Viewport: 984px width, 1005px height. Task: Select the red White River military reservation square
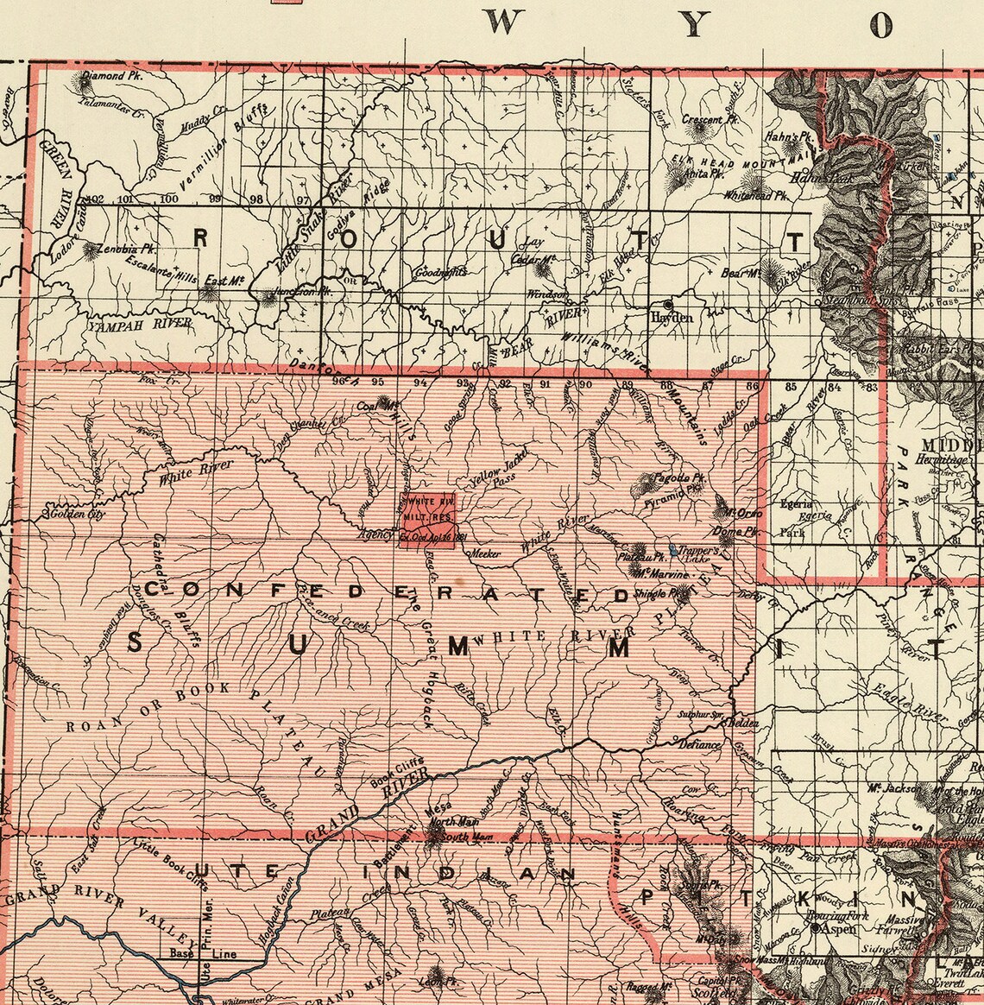[426, 519]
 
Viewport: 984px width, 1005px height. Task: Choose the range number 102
[95, 199]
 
